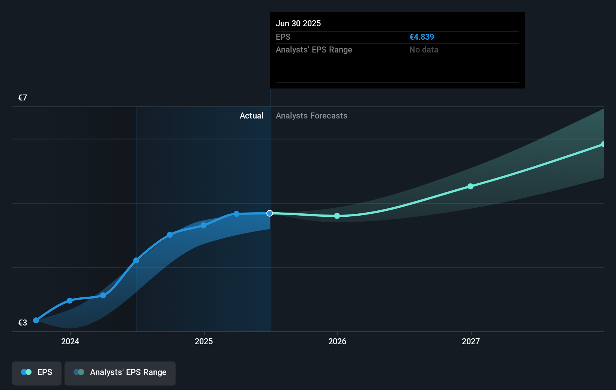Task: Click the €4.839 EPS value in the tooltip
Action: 421,37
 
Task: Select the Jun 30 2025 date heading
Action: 298,23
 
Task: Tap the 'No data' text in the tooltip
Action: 424,49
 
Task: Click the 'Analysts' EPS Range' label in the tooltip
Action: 314,49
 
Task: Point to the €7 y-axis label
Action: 23,98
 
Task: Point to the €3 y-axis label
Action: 23,322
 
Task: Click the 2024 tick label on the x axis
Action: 70,341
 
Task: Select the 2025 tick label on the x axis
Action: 204,341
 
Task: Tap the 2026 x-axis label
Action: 337,341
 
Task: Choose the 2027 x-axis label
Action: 471,341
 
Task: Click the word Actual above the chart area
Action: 251,115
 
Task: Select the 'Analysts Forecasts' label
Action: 311,115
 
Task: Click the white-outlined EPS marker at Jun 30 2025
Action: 270,213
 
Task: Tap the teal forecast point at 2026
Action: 337,216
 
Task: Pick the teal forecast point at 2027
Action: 470,186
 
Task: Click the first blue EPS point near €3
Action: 36,320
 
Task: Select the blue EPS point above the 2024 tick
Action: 69,301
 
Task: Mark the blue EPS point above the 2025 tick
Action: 203,225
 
